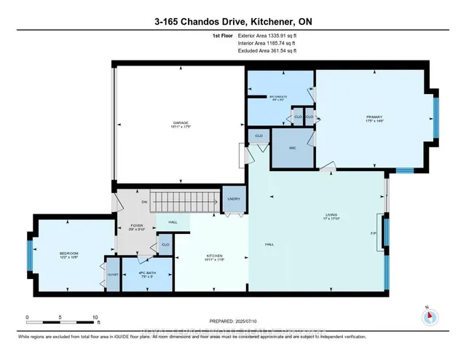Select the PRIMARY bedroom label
(x=374, y=119)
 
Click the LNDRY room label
(x=233, y=198)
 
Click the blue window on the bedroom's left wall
(x=31, y=255)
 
